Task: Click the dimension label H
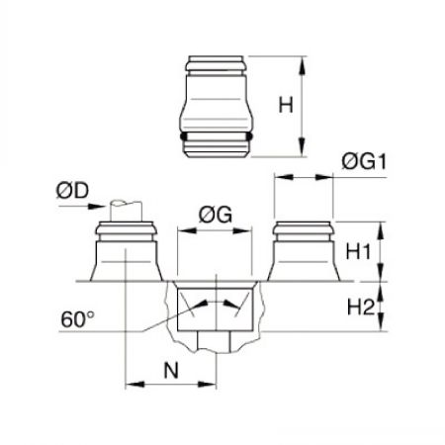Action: tap(286, 105)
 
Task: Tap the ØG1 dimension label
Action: tap(364, 162)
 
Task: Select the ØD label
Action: tap(72, 191)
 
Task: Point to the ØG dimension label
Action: tap(216, 215)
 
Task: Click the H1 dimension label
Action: tap(358, 252)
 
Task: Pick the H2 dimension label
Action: tap(361, 308)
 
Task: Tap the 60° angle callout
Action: tap(77, 318)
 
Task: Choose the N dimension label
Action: tap(171, 370)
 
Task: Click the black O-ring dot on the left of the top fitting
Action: tap(183, 135)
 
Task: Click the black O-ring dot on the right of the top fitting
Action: tap(249, 135)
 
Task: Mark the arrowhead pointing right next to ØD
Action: tap(97, 207)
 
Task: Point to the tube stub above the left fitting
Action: tap(127, 211)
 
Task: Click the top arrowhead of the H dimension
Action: tap(302, 67)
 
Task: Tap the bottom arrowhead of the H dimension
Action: tap(302, 147)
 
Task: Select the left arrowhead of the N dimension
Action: tap(135, 385)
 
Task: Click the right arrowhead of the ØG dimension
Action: tap(242, 230)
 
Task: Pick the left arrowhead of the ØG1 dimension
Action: tap(284, 177)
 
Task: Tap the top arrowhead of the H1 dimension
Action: tap(381, 231)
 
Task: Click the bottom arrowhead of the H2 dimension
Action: tap(381, 321)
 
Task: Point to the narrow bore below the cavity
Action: tap(215, 341)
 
